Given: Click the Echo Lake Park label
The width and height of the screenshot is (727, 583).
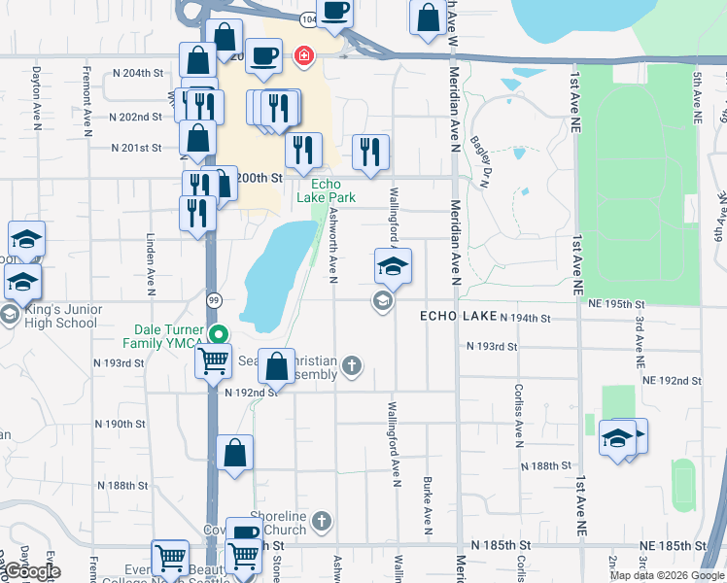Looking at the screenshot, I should (x=327, y=190).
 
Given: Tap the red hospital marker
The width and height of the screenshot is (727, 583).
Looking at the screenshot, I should (x=304, y=56).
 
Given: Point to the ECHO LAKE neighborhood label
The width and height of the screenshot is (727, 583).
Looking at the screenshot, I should (x=457, y=317).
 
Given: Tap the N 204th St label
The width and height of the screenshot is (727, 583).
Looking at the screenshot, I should (x=136, y=73).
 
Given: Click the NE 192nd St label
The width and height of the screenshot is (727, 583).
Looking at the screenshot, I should (x=671, y=381).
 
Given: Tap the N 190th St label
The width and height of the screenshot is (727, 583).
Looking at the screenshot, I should (x=120, y=425).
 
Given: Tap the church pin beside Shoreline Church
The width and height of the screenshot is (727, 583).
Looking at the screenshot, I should (x=323, y=523).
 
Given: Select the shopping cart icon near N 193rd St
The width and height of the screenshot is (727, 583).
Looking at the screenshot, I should (x=213, y=361).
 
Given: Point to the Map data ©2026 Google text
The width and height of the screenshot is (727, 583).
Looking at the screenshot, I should (x=667, y=575).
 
